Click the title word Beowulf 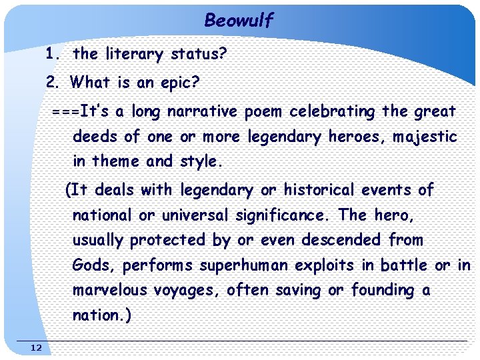tap(239, 21)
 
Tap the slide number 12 tap(36, 347)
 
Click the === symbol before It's tap(65, 111)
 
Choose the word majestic tap(425, 137)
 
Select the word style tap(204, 161)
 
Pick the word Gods tap(95, 265)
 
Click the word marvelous tap(109, 291)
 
